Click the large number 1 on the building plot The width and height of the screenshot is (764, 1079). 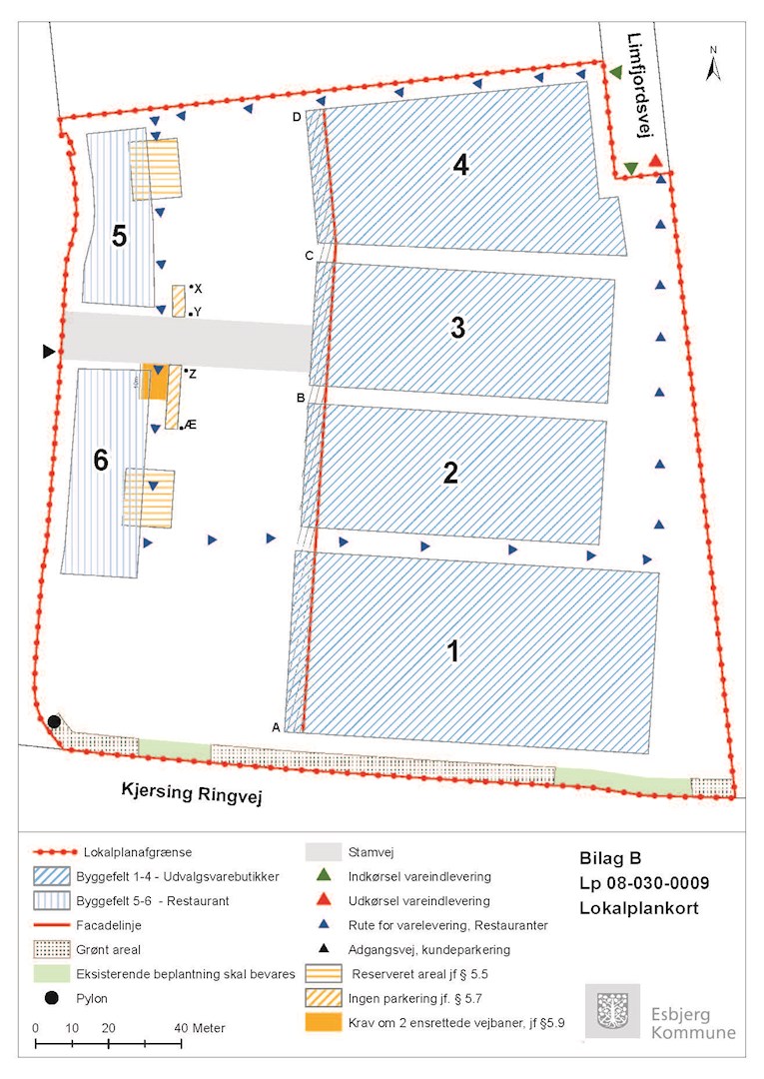click(452, 651)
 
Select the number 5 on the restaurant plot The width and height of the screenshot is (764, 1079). click(119, 237)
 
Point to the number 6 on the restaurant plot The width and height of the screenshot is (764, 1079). click(100, 460)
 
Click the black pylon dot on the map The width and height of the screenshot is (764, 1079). click(54, 721)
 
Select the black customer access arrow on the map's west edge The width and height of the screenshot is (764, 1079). click(48, 352)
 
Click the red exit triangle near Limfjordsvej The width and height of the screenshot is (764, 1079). click(655, 162)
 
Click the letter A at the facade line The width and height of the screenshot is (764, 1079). click(276, 727)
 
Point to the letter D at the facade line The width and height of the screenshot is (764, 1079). click(297, 117)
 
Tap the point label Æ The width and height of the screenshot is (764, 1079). click(190, 425)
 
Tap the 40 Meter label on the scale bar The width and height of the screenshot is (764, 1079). click(201, 1028)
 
